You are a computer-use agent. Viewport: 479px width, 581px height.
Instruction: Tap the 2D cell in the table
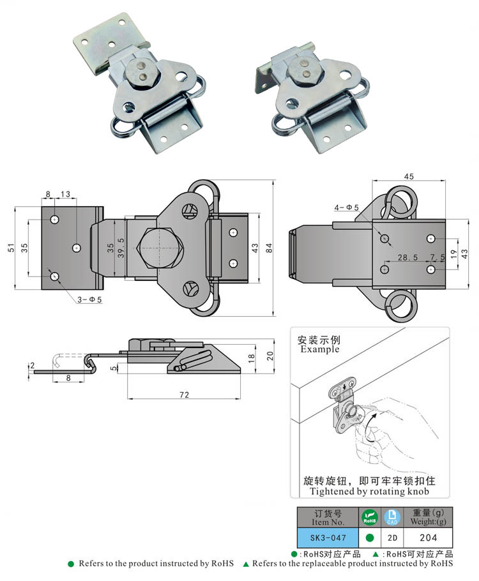[391, 538]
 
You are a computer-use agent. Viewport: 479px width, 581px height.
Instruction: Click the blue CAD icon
[391, 516]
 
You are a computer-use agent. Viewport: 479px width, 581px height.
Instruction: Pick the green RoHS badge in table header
[369, 516]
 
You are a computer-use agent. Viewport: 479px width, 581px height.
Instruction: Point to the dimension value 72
[184, 395]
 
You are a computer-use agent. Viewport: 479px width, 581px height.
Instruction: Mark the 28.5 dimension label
[407, 257]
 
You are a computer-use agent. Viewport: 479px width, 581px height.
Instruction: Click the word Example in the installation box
[319, 349]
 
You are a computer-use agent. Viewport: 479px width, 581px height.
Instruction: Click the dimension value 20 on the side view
[270, 356]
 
